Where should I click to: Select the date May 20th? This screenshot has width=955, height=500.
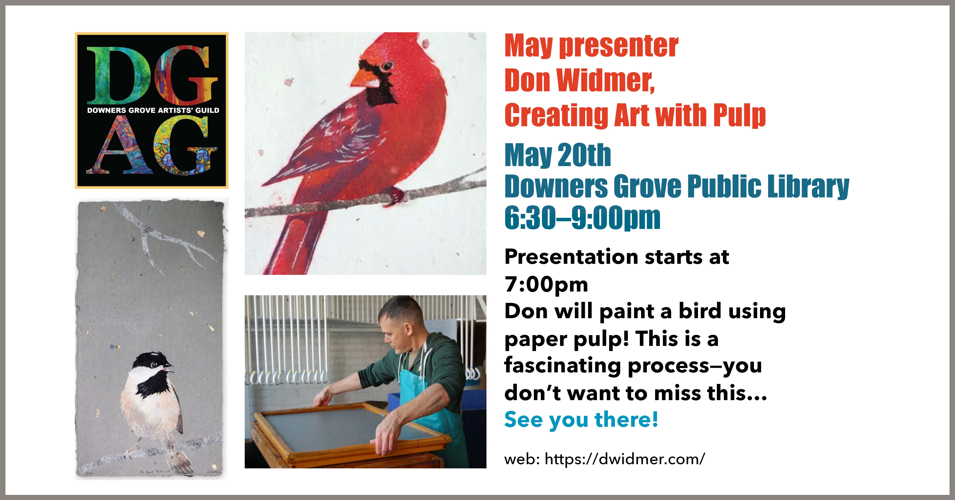pyautogui.click(x=558, y=156)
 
